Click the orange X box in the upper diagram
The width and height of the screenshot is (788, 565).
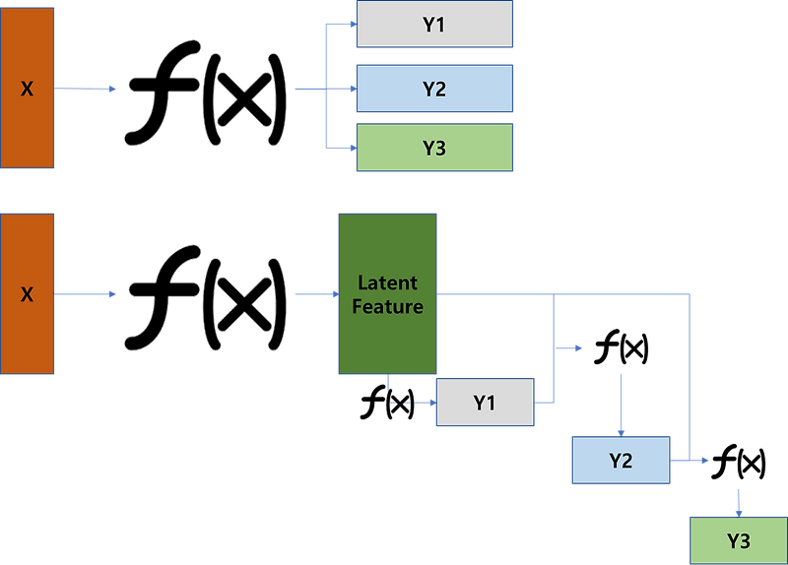pos(27,88)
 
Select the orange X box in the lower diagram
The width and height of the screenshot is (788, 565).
pos(27,293)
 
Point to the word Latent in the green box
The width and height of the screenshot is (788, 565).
pos(387,282)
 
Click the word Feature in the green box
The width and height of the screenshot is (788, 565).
pos(387,306)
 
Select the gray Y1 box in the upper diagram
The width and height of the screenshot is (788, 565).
pos(433,25)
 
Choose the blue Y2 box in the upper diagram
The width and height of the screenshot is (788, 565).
pos(433,89)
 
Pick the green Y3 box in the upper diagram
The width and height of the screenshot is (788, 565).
pos(433,149)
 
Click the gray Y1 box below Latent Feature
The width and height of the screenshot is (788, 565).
pos(484,403)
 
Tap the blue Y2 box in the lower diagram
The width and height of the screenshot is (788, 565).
pos(621,460)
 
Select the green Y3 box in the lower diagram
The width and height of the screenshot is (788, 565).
pos(738,539)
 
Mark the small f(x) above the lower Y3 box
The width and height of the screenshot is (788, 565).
pos(739,462)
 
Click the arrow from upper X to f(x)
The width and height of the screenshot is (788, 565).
pos(89,89)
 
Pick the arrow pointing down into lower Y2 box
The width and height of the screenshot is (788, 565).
pos(622,413)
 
